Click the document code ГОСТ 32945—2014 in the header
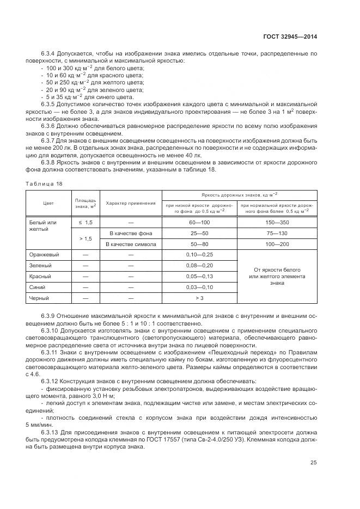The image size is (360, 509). point(290,37)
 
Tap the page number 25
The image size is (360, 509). point(313,463)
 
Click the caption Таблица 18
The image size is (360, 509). point(44,183)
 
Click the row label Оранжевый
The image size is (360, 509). point(44,254)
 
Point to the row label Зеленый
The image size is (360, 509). point(40,265)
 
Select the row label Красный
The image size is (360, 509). point(41,276)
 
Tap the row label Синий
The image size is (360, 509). point(38,287)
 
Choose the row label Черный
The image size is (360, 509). point(39,298)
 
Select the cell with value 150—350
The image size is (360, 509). point(277,223)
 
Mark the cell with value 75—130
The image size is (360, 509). point(277,233)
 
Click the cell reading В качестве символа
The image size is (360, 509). point(131,244)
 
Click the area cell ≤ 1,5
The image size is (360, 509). point(86,223)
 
